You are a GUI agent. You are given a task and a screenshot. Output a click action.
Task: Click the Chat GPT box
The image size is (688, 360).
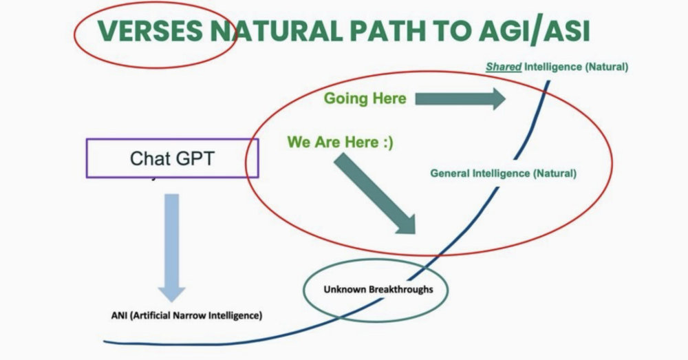point(172,158)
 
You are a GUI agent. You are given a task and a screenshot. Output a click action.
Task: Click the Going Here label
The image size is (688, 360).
point(365,98)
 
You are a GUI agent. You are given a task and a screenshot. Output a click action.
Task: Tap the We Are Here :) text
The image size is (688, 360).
point(340,142)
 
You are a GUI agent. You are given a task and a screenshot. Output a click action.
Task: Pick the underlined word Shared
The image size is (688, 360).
point(504,67)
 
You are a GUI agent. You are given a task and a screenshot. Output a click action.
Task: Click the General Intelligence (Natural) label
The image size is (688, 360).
point(503,173)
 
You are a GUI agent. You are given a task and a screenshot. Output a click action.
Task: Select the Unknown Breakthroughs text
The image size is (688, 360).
point(378,289)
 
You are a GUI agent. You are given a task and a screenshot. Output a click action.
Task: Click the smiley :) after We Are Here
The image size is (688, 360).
point(387,142)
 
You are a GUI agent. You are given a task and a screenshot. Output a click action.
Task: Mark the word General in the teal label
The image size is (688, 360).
point(449,173)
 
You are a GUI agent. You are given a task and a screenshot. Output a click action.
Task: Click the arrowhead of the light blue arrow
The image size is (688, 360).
point(171,289)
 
